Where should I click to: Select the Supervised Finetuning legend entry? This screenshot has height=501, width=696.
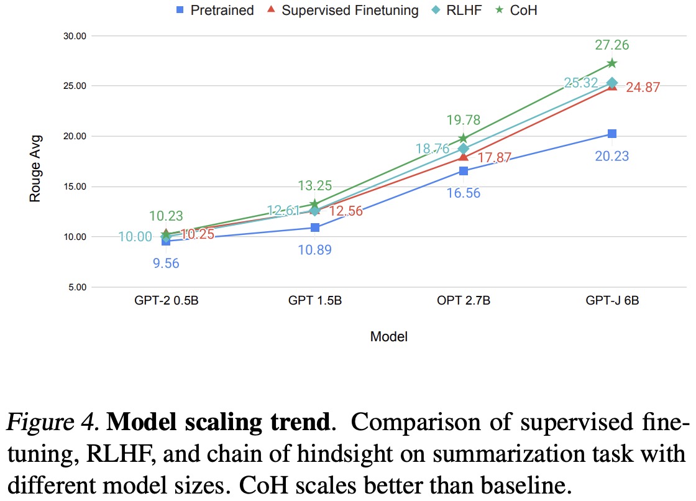[x=341, y=10]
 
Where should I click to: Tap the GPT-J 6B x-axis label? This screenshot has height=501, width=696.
[x=612, y=301]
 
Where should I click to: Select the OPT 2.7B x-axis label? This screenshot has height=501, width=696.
[x=464, y=301]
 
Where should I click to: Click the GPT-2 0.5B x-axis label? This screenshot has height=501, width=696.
[x=165, y=301]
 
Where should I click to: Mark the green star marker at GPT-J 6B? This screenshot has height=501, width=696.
[x=612, y=63]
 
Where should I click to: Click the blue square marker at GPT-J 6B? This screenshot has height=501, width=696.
[x=612, y=134]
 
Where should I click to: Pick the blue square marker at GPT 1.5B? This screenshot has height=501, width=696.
[x=315, y=228]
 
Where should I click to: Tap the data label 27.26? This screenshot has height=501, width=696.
[x=612, y=45]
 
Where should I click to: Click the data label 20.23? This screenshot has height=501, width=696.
[x=612, y=155]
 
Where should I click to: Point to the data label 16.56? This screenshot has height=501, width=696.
[x=464, y=193]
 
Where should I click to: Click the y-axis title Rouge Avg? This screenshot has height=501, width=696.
[x=35, y=168]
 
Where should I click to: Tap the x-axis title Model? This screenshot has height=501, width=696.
[x=389, y=337]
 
